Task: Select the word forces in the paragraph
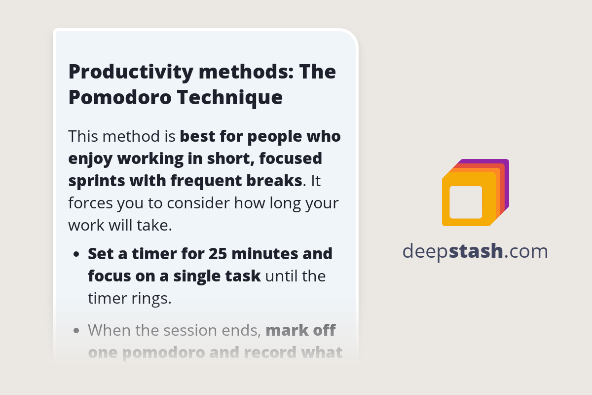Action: [x=92, y=203]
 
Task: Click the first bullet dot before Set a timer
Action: [x=76, y=255]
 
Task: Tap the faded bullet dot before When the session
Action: [x=76, y=330]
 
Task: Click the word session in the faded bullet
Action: [x=192, y=330]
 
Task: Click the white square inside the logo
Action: [x=466, y=202]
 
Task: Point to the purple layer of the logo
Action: [x=506, y=164]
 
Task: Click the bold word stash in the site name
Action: [x=476, y=251]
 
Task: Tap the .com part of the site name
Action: [x=526, y=251]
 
